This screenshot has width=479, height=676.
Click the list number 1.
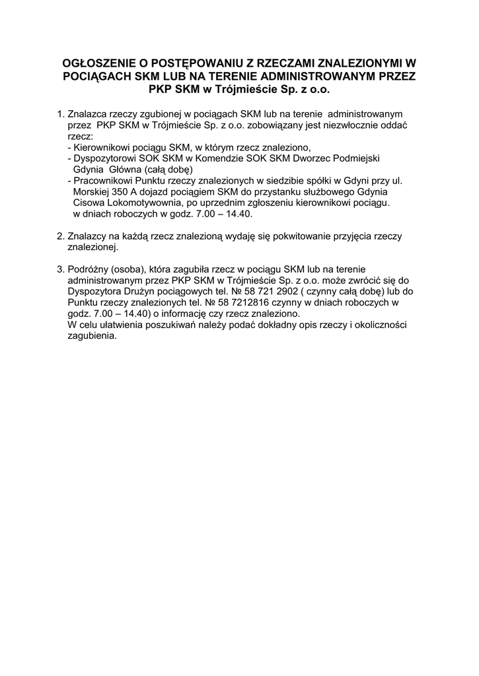(x=60, y=114)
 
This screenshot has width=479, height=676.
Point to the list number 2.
(x=60, y=236)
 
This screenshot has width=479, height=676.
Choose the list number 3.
(x=60, y=269)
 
